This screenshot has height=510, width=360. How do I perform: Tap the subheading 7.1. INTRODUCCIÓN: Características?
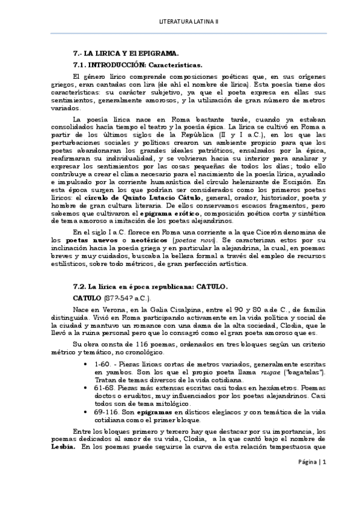tap(137, 64)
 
